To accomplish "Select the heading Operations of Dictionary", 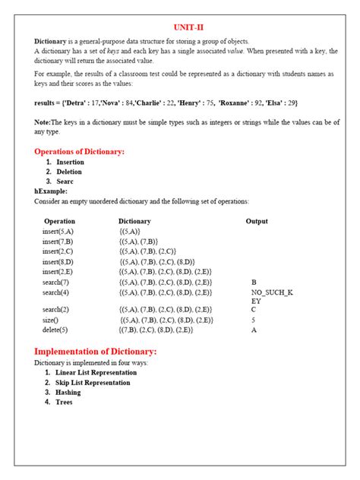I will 79,152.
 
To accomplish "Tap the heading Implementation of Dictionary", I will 96,352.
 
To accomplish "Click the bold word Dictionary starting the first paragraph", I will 51,40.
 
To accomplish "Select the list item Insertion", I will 70,163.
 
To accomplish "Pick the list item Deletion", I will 69,172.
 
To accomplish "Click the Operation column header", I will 60,222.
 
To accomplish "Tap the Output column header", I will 257,222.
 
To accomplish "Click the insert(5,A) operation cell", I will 58,232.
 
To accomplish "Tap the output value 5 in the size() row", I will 253,321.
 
